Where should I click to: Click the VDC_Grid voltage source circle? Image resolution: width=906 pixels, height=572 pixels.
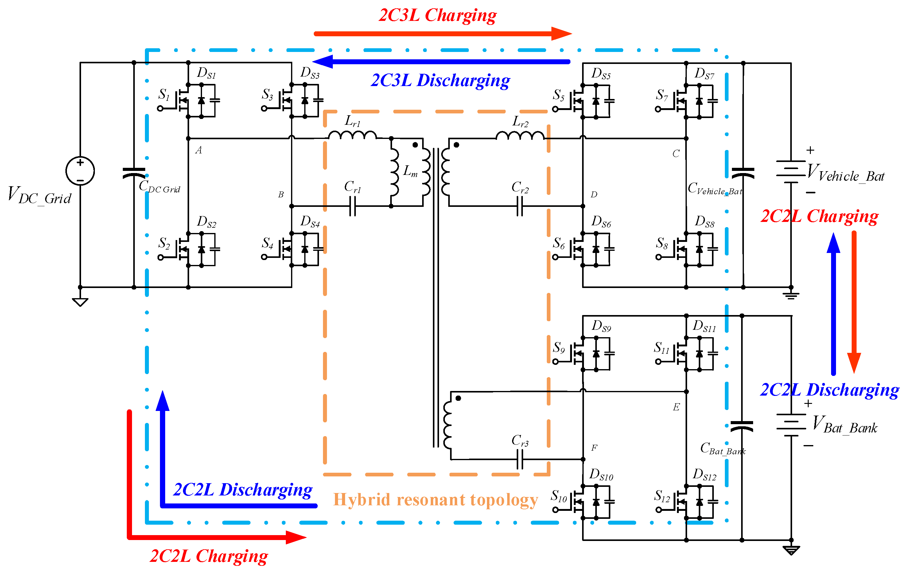pos(80,171)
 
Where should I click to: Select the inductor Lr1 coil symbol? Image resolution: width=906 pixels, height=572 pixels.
pos(352,135)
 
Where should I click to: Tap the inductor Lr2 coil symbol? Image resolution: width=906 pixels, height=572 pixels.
pos(520,135)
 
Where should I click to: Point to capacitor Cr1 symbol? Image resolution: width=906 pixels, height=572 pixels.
pos(352,206)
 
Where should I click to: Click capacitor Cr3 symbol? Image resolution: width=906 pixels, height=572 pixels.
pos(519,460)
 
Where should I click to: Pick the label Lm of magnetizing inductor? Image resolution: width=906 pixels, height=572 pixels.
pos(410,171)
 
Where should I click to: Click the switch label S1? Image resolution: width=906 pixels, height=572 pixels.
pos(164,94)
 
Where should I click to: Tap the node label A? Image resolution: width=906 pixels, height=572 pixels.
pos(199,150)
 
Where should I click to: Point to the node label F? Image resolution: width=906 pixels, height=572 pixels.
pos(594,448)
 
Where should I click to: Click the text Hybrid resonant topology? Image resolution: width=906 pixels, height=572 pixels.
pos(435,500)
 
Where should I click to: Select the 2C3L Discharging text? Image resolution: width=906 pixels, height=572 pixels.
pos(440,80)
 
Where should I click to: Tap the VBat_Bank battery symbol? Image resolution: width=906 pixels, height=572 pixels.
pos(791,425)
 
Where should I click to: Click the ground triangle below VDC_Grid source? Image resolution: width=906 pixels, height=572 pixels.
pos(80,302)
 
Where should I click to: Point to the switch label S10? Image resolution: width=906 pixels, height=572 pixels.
pos(559,496)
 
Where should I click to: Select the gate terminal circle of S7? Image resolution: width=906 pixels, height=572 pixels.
pos(658,109)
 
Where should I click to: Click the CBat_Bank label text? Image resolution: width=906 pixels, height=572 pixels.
pos(722,448)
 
